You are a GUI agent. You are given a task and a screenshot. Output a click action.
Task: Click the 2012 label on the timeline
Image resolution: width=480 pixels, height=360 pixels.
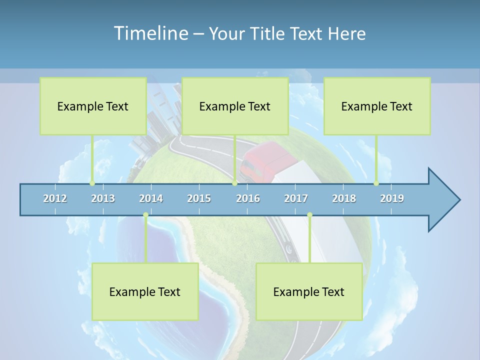pyautogui.click(x=55, y=198)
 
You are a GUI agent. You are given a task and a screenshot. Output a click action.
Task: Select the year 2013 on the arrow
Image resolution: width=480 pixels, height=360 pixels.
pyautogui.click(x=103, y=198)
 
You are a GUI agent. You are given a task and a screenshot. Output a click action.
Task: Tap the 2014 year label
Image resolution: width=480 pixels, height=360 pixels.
pyautogui.click(x=151, y=198)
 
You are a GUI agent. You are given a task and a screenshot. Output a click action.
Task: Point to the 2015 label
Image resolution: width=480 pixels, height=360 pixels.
pyautogui.click(x=199, y=198)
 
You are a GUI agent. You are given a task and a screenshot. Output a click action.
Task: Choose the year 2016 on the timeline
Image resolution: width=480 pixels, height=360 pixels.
pyautogui.click(x=248, y=198)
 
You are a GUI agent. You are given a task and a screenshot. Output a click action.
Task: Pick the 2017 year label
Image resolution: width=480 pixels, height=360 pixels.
pyautogui.click(x=296, y=198)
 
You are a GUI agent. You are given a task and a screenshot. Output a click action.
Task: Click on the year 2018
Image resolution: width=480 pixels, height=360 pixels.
pyautogui.click(x=344, y=198)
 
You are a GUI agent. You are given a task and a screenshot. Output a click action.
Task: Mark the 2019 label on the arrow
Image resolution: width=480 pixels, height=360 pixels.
pyautogui.click(x=392, y=198)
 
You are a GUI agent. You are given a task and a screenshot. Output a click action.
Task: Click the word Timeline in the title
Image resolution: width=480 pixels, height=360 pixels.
pyautogui.click(x=150, y=33)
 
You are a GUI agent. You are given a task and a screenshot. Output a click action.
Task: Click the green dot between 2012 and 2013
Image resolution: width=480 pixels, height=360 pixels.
pyautogui.click(x=92, y=183)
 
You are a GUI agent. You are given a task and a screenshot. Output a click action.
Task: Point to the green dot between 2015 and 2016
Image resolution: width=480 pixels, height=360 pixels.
pyautogui.click(x=234, y=183)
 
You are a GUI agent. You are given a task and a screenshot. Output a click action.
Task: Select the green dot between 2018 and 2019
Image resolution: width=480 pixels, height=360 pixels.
pyautogui.click(x=376, y=183)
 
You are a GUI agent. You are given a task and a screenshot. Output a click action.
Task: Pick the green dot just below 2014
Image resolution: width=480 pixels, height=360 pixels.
pyautogui.click(x=145, y=215)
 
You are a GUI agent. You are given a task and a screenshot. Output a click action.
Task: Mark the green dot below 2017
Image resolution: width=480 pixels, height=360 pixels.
pyautogui.click(x=309, y=215)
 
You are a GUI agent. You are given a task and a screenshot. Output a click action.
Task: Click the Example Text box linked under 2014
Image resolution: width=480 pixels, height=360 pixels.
pyautogui.click(x=145, y=291)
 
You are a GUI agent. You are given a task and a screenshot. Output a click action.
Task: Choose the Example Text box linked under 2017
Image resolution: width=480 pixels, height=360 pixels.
pyautogui.click(x=309, y=291)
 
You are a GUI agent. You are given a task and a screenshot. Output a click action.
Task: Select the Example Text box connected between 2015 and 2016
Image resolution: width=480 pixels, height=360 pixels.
pyautogui.click(x=235, y=106)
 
